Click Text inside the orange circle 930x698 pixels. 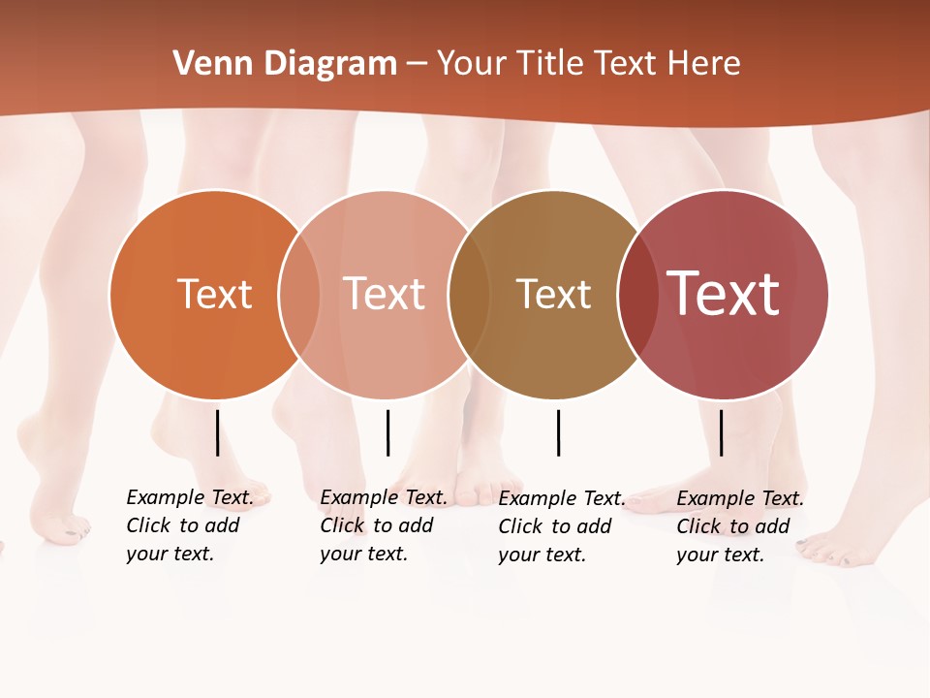pos(214,294)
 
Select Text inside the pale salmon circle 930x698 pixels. pos(385,294)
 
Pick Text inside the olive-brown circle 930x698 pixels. pos(553,294)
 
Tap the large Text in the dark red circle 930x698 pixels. pos(724,294)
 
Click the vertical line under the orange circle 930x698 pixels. pos(217,432)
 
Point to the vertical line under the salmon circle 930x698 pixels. pos(387,432)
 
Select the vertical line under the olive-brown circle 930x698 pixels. pos(558,432)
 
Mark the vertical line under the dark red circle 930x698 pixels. pos(721,432)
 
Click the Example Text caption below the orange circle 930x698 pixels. pos(189,525)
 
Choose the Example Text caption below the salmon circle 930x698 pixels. pos(383,525)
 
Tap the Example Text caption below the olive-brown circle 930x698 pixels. pos(561,526)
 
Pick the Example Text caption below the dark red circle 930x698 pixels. pos(739,526)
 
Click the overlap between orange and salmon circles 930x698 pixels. pos(299,294)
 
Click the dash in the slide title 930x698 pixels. pos(417,64)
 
